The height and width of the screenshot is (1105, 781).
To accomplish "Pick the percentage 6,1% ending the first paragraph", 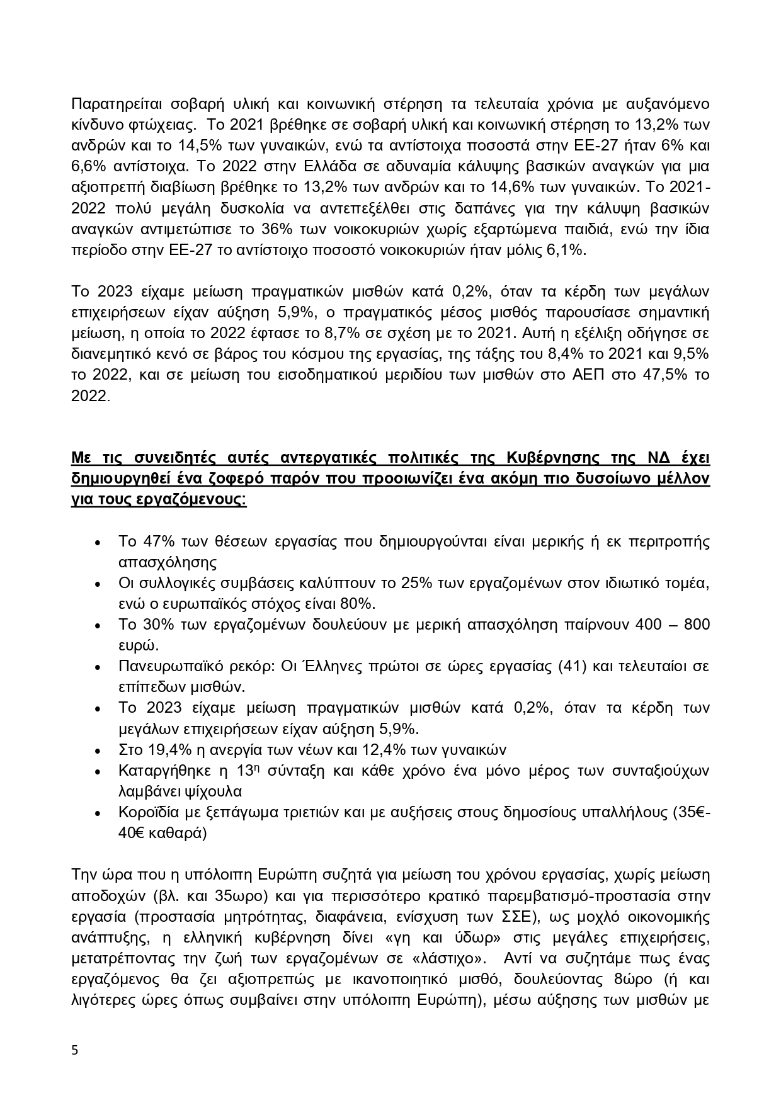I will coord(565,250).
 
